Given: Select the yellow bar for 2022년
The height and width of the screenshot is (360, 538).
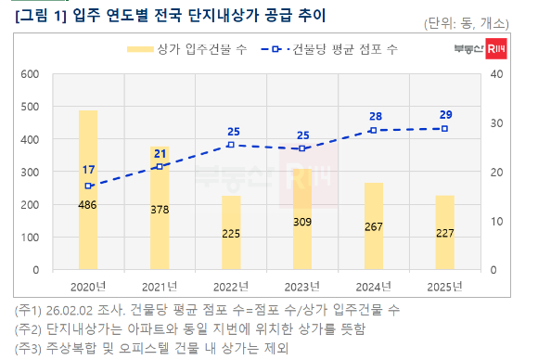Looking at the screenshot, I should [231, 232].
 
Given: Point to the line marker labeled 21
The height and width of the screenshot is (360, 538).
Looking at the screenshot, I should [160, 166].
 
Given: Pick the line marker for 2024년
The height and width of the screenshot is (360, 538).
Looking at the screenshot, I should [374, 130].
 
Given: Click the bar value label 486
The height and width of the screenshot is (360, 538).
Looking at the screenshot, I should [88, 205].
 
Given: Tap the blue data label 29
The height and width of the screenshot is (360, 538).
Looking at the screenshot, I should [446, 114].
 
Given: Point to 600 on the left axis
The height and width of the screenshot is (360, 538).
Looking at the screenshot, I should [29, 74].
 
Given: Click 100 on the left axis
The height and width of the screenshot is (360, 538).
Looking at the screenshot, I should [29, 238].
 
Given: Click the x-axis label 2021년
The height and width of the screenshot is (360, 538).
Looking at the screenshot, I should [160, 287].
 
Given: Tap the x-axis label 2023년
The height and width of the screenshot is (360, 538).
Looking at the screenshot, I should [302, 287].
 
